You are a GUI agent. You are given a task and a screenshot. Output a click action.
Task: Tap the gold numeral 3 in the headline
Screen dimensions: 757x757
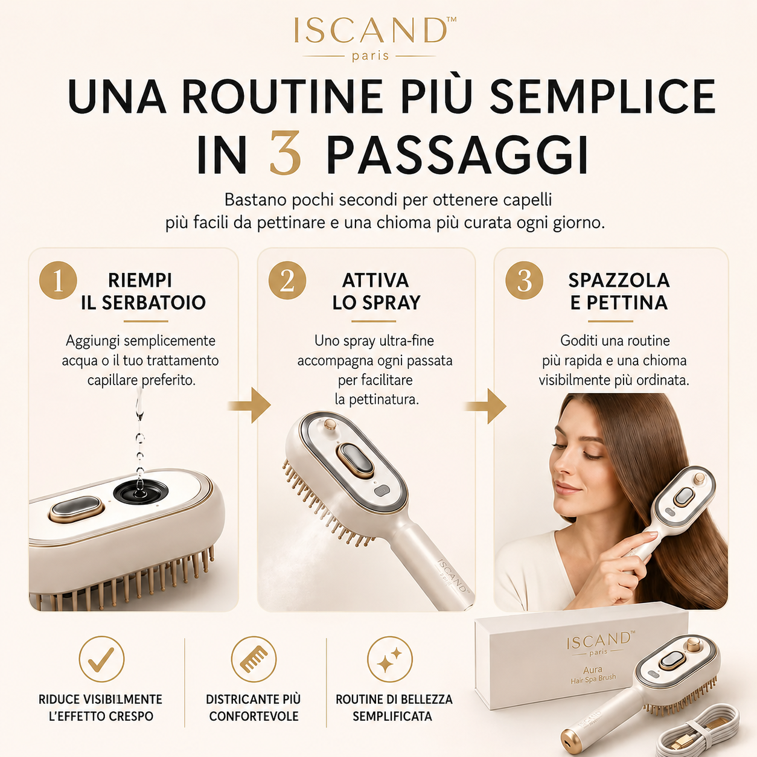[x=286, y=154]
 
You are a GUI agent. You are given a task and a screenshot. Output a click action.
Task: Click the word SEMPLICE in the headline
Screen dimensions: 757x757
[x=602, y=97]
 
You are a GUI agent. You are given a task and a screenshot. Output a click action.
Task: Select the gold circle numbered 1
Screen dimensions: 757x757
[x=58, y=281]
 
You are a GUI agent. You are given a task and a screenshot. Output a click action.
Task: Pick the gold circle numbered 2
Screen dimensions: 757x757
[x=287, y=281]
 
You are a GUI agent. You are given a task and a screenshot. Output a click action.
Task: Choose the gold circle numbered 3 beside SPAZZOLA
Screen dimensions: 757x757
[x=524, y=281]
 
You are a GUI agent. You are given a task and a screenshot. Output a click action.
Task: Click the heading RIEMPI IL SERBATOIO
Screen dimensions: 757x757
[x=143, y=292]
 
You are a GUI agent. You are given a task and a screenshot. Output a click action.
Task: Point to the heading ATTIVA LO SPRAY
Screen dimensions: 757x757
[x=376, y=292]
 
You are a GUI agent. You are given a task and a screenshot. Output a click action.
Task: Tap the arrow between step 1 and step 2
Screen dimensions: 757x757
[x=251, y=406]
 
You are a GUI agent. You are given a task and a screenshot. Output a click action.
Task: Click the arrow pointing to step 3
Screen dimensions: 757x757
[x=487, y=406]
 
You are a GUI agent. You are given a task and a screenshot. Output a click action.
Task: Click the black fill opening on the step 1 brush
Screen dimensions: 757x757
[x=141, y=492]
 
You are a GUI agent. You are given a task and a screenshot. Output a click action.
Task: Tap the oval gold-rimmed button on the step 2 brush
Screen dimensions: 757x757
[x=355, y=461]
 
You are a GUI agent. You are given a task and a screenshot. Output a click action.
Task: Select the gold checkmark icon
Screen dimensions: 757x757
[x=101, y=659]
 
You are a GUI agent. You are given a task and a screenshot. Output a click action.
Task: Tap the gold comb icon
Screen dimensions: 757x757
[x=254, y=659]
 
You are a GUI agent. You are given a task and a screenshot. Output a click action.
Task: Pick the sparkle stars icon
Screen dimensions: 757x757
[x=390, y=659]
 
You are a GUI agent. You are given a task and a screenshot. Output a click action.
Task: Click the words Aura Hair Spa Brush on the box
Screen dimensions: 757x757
[x=593, y=674]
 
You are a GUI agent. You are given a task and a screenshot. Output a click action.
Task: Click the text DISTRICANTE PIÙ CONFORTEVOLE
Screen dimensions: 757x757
[x=254, y=707]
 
